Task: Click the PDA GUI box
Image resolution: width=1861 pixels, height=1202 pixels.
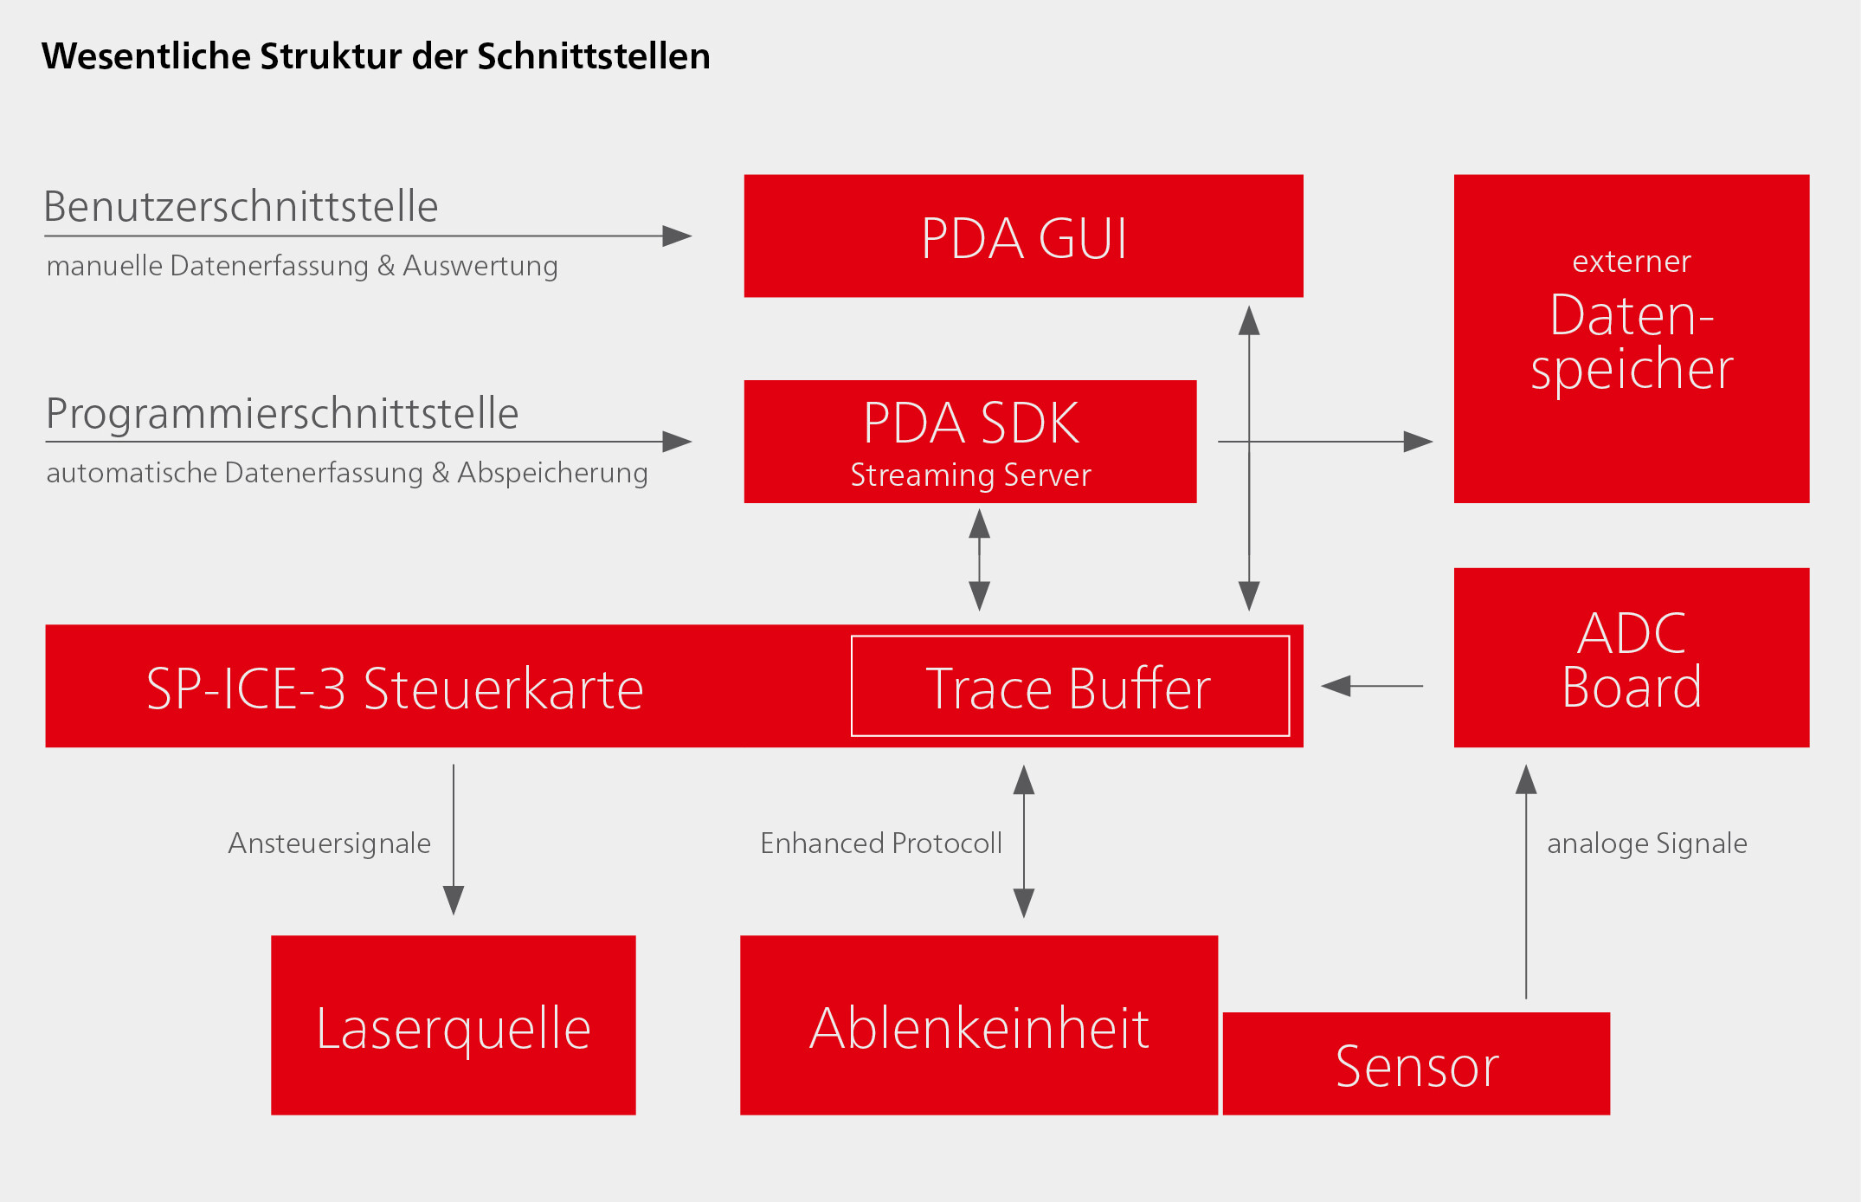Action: click(1023, 236)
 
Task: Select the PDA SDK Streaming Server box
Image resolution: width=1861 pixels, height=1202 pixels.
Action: click(970, 441)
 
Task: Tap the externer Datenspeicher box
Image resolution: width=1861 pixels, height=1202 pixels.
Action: click(1632, 339)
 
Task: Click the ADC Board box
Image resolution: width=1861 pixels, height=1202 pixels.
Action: click(1632, 657)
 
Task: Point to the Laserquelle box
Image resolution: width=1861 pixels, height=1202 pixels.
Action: click(454, 1024)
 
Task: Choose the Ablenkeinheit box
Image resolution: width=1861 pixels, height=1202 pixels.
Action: click(979, 1024)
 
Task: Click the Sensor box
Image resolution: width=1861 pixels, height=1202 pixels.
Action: click(1416, 1063)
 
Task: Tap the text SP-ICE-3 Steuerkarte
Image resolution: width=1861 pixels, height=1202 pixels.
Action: click(395, 689)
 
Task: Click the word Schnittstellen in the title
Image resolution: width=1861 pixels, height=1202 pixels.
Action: click(594, 56)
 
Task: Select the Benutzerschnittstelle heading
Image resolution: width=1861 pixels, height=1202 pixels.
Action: click(241, 207)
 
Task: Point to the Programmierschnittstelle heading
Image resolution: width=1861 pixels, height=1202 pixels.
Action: click(282, 413)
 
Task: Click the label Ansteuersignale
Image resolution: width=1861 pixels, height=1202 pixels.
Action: click(329, 843)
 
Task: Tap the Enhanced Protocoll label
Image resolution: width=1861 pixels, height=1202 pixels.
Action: click(881, 843)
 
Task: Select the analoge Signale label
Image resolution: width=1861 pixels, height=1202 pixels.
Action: click(1647, 843)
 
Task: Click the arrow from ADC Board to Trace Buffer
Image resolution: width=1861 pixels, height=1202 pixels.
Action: click(1372, 686)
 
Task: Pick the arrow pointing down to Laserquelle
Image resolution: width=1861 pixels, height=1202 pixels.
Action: click(454, 839)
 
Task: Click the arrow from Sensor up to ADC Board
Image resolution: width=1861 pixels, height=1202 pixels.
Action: click(1526, 882)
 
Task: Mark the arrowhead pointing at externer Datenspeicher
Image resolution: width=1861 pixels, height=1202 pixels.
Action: click(1419, 442)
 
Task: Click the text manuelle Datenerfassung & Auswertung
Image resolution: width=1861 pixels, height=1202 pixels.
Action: click(302, 266)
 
